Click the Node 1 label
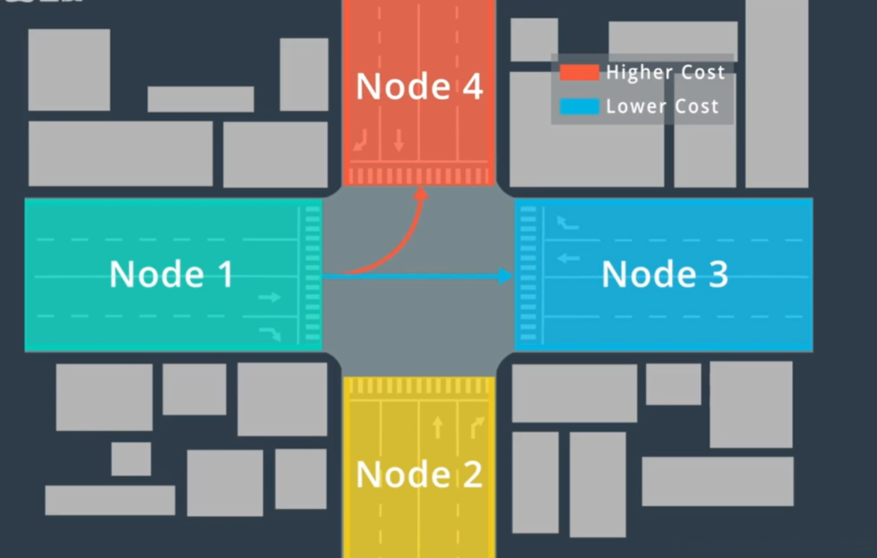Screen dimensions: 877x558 point(172,274)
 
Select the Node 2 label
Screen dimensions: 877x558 point(419,474)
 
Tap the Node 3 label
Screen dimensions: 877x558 point(665,274)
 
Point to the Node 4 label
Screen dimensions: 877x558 point(419,86)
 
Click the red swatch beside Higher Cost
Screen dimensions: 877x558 point(579,72)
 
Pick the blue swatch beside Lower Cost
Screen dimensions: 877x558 point(579,107)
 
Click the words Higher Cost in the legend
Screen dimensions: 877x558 point(665,73)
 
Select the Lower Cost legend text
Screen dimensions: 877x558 point(662,107)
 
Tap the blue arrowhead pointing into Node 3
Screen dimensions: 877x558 point(505,276)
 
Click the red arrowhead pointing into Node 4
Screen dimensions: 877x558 point(421,193)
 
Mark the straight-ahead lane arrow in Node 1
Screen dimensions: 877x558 point(270,297)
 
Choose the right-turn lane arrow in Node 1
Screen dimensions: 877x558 point(271,334)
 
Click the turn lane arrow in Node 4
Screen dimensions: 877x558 point(361,141)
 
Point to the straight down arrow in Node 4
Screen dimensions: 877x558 point(399,141)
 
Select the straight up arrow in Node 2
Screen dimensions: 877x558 point(438,428)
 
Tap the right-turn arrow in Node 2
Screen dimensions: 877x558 point(477,428)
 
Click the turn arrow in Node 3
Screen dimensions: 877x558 point(568,222)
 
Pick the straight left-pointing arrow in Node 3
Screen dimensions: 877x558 point(568,258)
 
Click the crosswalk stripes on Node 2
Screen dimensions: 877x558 point(419,386)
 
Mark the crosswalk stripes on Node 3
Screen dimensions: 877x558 point(528,273)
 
